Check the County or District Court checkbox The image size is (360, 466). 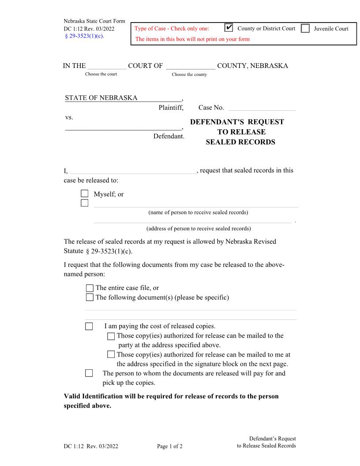(x=229, y=28)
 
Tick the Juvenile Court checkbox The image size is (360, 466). (x=305, y=29)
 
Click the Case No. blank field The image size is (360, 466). (x=262, y=107)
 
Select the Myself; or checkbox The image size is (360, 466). (x=85, y=194)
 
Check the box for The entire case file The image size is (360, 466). (x=90, y=288)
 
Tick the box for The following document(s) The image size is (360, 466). (x=90, y=297)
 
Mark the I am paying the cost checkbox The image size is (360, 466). (x=89, y=327)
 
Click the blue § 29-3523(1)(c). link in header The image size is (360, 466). (x=84, y=36)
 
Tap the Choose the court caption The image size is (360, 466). (x=101, y=74)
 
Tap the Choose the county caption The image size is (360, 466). (x=189, y=75)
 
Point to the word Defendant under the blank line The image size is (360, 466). (x=168, y=136)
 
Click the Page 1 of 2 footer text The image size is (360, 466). (x=170, y=446)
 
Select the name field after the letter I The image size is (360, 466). (x=132, y=171)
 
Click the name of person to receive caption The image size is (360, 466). (x=198, y=212)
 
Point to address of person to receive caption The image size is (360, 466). (x=199, y=229)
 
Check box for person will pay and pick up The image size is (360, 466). (x=89, y=373)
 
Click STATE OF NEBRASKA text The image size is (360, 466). (x=101, y=98)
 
